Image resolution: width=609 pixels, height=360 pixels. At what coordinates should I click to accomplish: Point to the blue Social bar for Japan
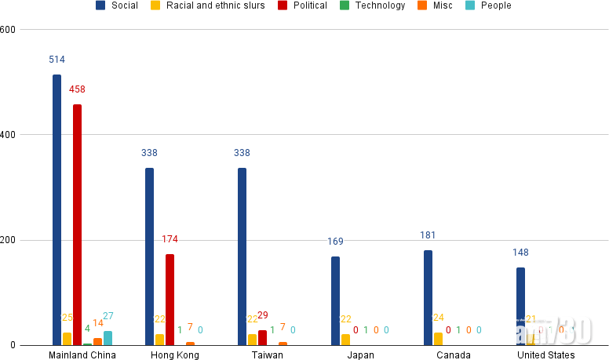pyautogui.click(x=335, y=301)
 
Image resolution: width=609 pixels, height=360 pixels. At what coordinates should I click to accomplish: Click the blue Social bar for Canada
pyautogui.click(x=428, y=298)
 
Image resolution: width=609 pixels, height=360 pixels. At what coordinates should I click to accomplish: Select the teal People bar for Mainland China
pyautogui.click(x=108, y=338)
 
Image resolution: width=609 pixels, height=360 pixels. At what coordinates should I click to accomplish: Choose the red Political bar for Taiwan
pyautogui.click(x=262, y=338)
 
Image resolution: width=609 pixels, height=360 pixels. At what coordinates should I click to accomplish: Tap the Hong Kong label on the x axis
pyautogui.click(x=174, y=355)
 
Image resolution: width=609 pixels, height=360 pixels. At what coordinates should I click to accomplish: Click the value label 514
pyautogui.click(x=57, y=60)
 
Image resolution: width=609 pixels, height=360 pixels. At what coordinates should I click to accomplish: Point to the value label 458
pyautogui.click(x=77, y=89)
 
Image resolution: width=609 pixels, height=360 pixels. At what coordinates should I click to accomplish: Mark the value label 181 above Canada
pyautogui.click(x=428, y=235)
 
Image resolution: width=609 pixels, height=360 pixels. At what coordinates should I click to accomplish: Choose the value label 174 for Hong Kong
pyautogui.click(x=170, y=238)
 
